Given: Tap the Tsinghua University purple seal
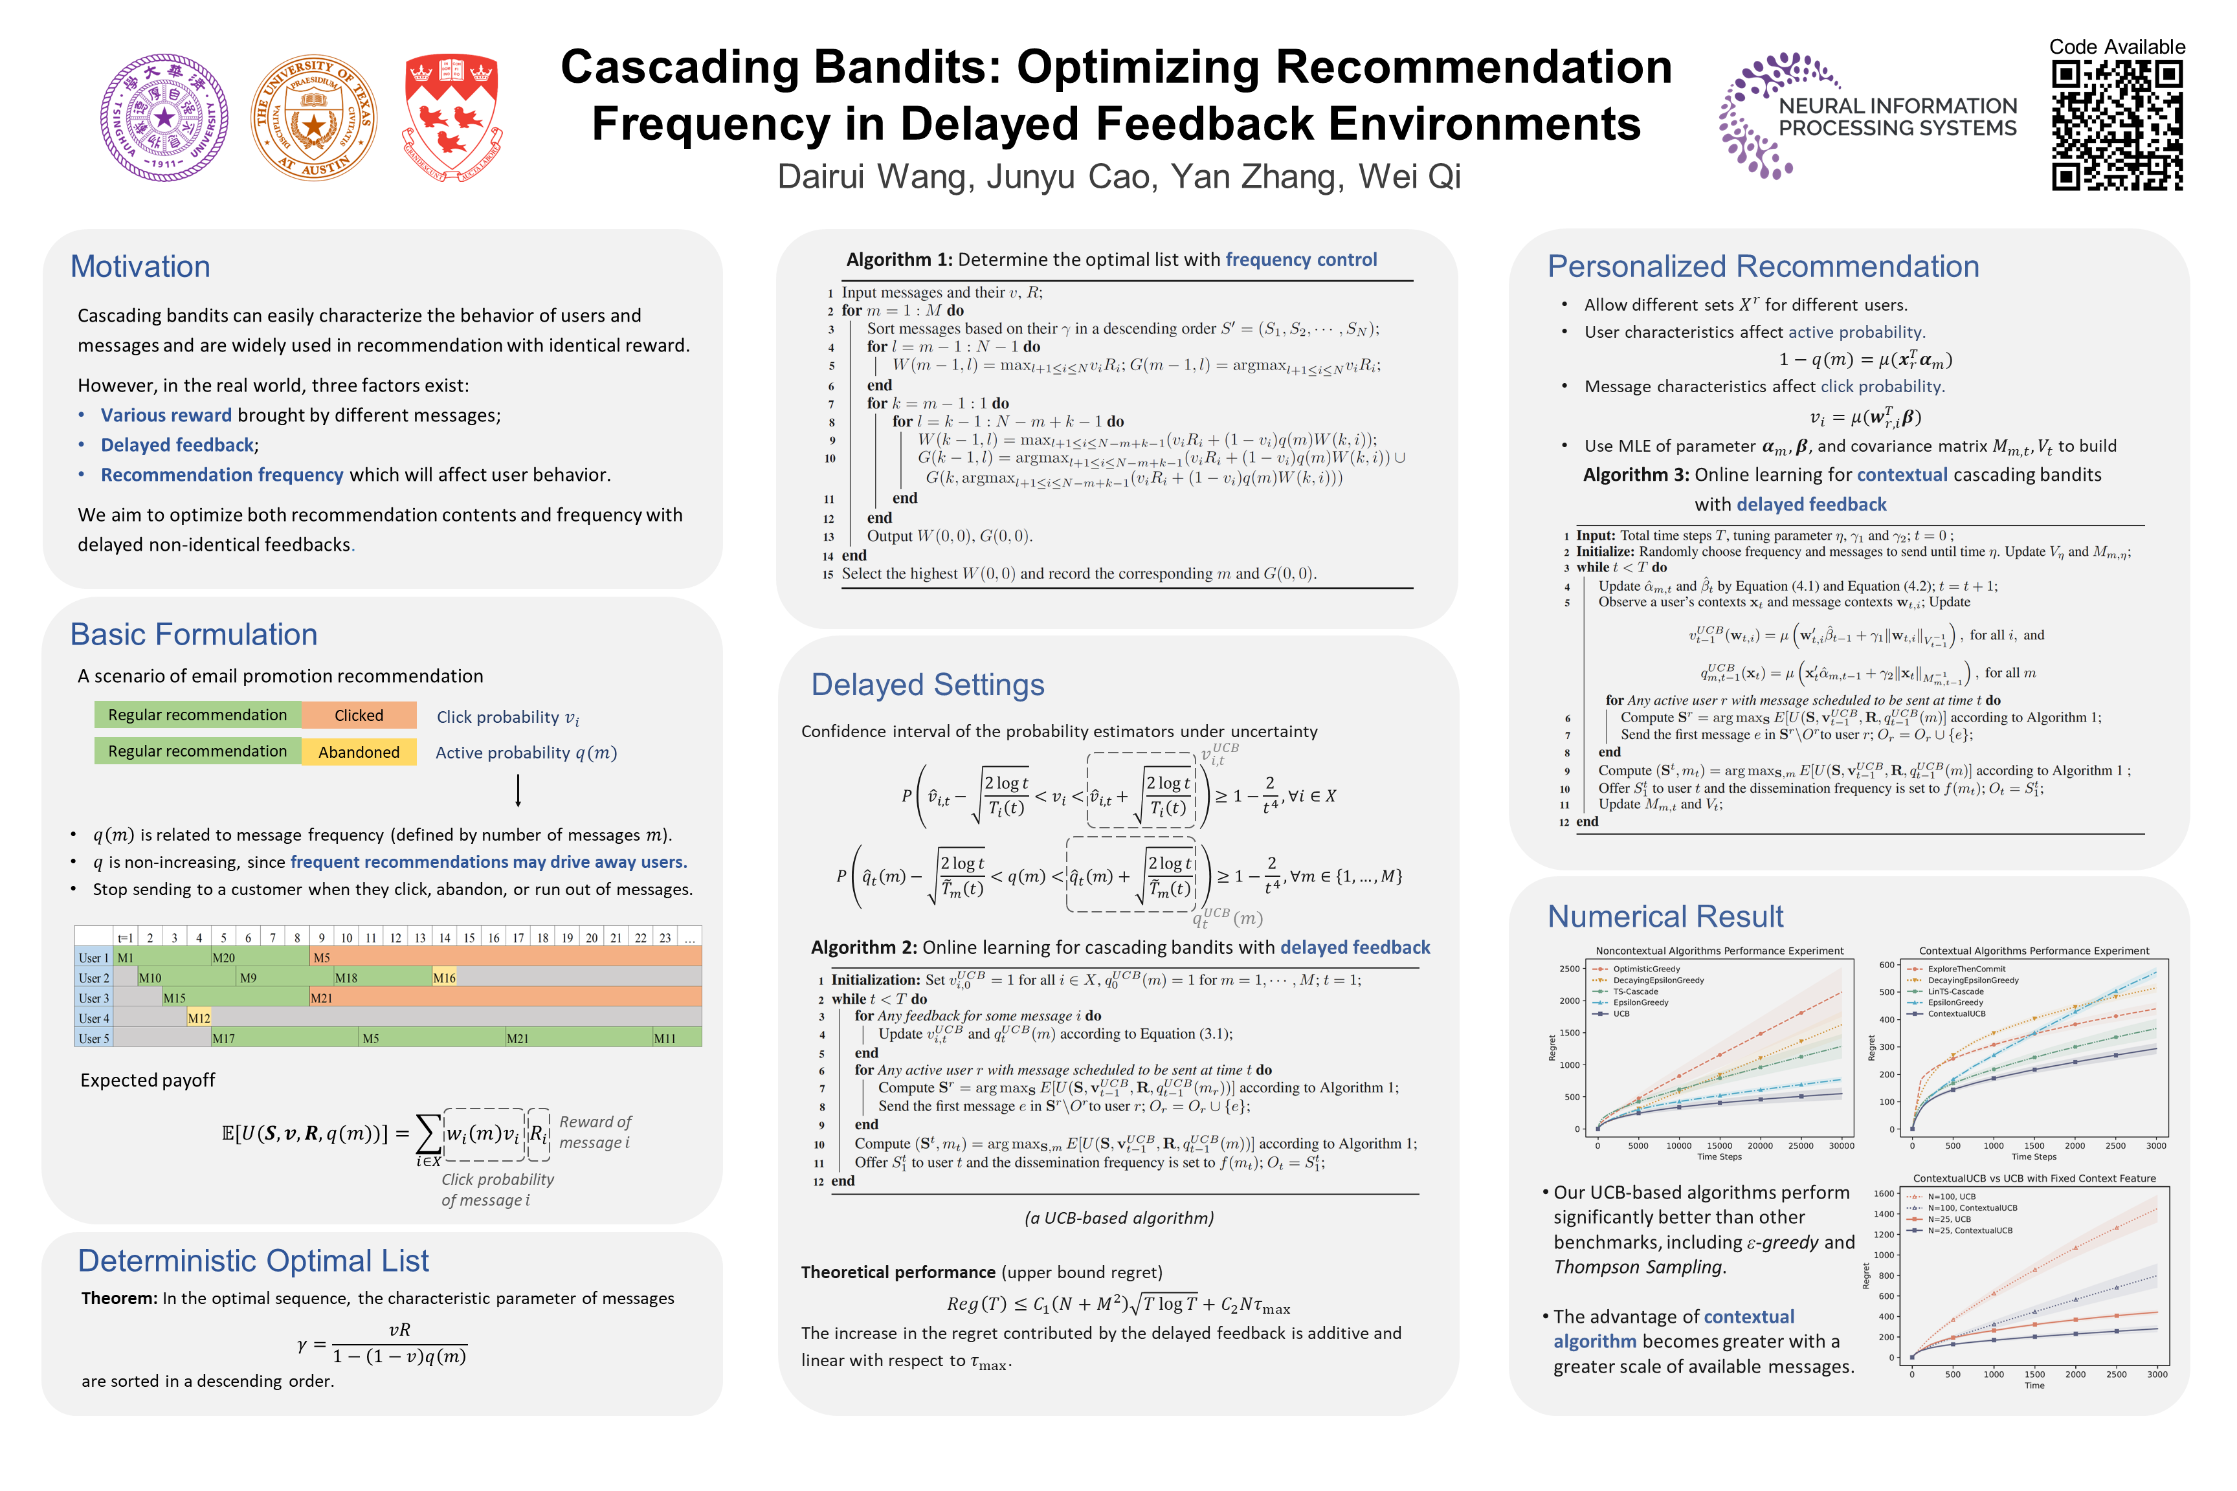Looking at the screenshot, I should click(164, 117).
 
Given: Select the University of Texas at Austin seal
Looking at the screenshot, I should click(314, 117).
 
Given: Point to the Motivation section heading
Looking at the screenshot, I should click(140, 266).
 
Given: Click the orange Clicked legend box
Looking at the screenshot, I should click(359, 715).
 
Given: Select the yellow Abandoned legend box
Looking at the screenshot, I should click(359, 752).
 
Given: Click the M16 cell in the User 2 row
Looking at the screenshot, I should click(444, 978).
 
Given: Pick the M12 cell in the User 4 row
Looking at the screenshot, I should click(199, 1019).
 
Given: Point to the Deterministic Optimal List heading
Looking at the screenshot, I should click(253, 1260).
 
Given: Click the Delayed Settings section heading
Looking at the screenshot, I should click(928, 685).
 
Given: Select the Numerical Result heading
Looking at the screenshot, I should click(1665, 916).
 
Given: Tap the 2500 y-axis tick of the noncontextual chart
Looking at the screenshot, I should click(1568, 969).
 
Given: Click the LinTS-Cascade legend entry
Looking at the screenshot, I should click(1955, 992).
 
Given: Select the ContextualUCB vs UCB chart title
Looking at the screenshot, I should click(2034, 1178).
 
